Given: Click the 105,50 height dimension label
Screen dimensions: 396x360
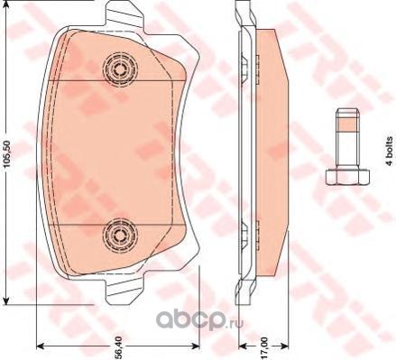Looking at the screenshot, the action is coord(8,153).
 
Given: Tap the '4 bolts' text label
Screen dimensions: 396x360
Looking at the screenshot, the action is coord(390,151).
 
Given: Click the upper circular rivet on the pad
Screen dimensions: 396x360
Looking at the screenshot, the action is coord(120,70).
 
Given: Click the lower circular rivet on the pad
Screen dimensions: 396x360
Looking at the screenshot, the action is coord(120,236).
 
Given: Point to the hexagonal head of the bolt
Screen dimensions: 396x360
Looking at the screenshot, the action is coord(347,177).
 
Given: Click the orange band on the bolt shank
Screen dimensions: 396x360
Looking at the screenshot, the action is coord(347,124).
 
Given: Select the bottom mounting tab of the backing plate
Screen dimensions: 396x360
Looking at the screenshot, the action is coord(124,289).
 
